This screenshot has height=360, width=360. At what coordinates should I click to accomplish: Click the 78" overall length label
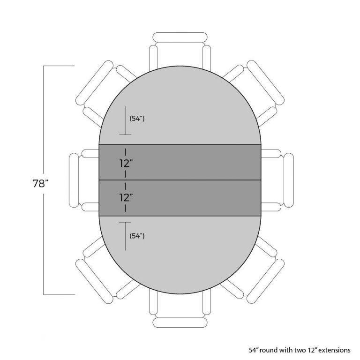point(40,183)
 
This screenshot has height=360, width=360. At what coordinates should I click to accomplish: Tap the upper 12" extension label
point(126,164)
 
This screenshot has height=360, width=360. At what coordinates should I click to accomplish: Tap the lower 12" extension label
point(126,197)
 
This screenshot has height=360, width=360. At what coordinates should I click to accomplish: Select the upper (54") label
point(137,119)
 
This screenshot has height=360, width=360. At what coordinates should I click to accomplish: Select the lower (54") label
point(137,236)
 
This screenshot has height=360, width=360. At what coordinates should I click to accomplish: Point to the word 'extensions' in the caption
point(334,350)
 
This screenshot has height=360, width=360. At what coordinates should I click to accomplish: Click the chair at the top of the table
point(180,52)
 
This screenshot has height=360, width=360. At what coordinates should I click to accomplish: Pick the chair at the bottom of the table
point(180,308)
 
